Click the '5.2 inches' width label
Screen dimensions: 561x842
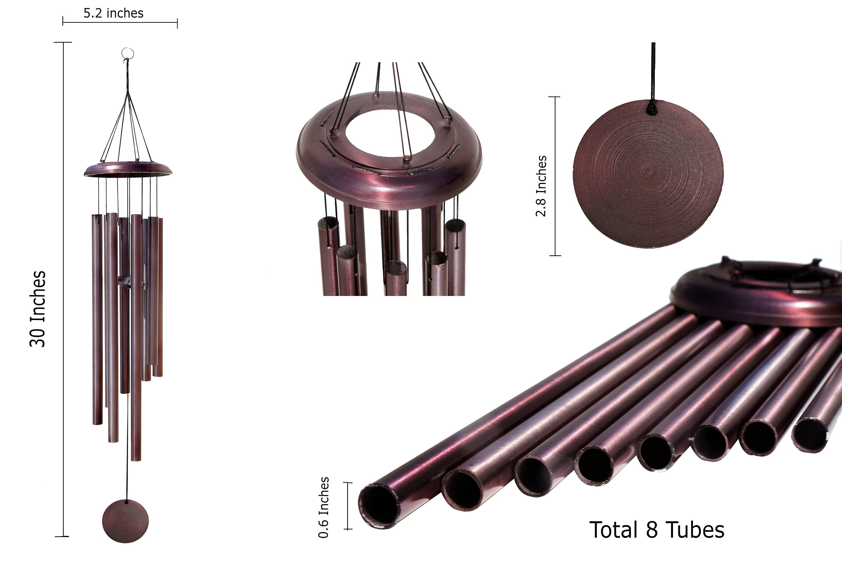pyautogui.click(x=113, y=13)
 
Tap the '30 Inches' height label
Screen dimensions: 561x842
pyautogui.click(x=38, y=309)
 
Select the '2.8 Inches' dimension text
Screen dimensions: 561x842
pyautogui.click(x=541, y=186)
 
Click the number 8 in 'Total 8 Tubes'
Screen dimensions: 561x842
pyautogui.click(x=652, y=530)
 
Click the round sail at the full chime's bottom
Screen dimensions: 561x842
pyautogui.click(x=125, y=521)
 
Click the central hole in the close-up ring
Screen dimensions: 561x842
pyautogui.click(x=390, y=134)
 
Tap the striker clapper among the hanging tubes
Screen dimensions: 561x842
pyautogui.click(x=125, y=283)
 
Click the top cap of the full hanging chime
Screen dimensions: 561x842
pyautogui.click(x=128, y=169)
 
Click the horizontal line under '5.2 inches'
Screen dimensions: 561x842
pyautogui.click(x=120, y=22)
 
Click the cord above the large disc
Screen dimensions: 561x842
pyautogui.click(x=653, y=72)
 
